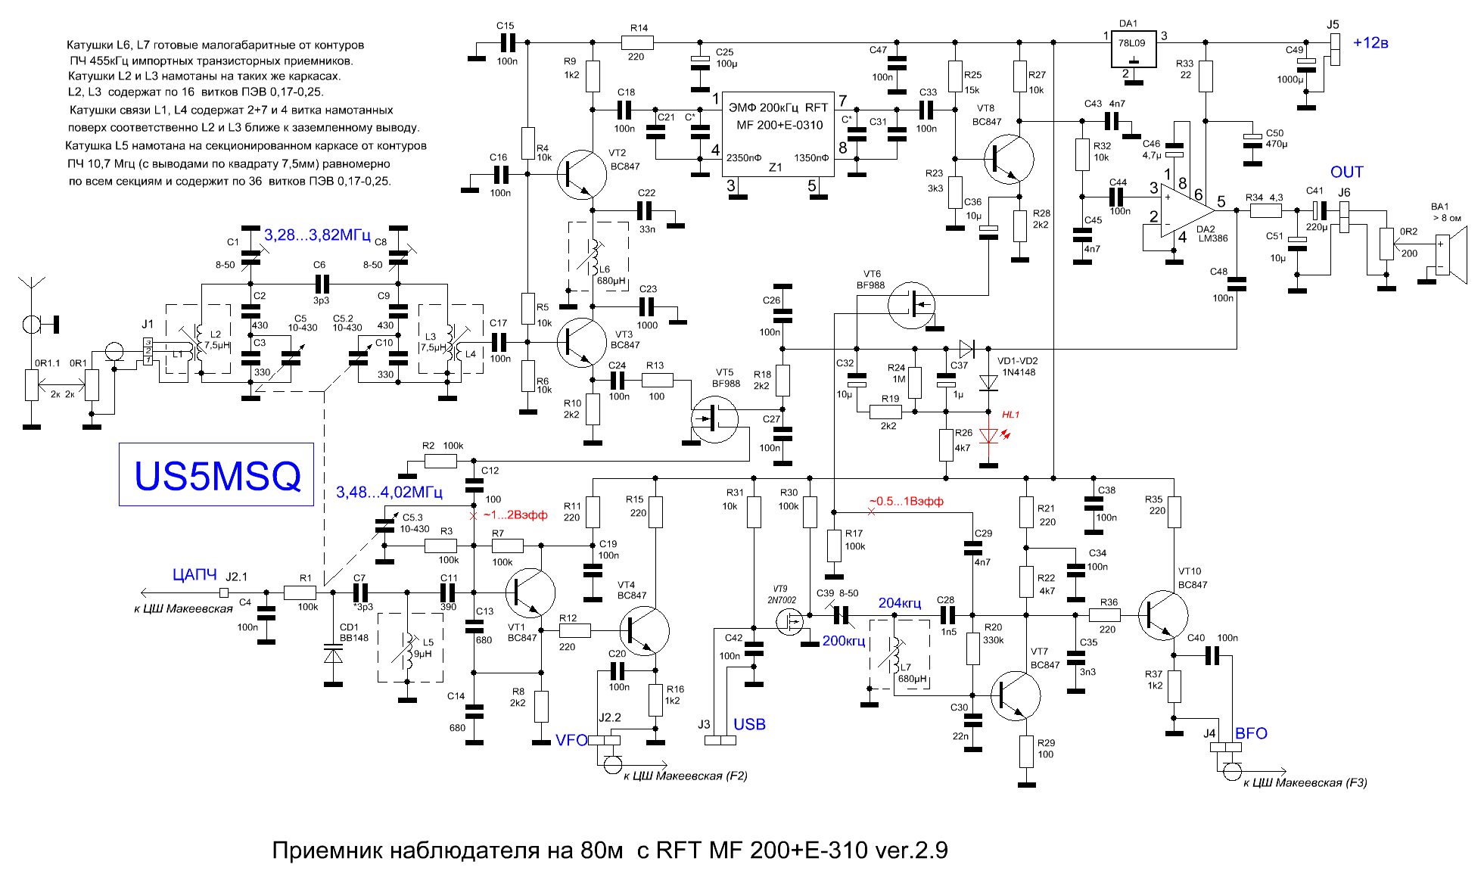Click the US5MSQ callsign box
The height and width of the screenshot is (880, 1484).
click(x=216, y=474)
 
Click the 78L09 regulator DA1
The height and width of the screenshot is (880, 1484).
click(x=1133, y=49)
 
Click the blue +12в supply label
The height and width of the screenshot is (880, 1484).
click(x=1370, y=43)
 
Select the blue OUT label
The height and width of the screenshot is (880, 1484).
click(x=1347, y=173)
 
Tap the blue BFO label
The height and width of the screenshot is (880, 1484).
click(x=1251, y=733)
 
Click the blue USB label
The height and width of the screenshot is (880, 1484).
click(x=749, y=724)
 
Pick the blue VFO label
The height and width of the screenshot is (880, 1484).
click(x=571, y=740)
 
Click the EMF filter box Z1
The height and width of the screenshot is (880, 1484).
click(x=779, y=135)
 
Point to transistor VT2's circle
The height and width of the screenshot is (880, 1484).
click(x=581, y=174)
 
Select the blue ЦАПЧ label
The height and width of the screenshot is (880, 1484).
click(x=194, y=575)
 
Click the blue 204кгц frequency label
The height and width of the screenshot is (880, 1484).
click(x=900, y=603)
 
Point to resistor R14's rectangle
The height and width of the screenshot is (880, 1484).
click(x=637, y=42)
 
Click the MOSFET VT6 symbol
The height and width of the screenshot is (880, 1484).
click(x=912, y=306)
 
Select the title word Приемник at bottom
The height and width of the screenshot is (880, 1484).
click(x=327, y=851)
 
